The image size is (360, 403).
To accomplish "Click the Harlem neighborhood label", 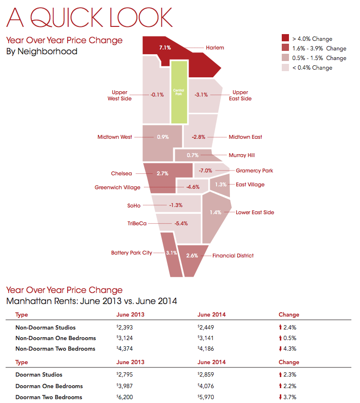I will (215, 48).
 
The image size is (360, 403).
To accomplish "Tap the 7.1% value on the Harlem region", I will (165, 48).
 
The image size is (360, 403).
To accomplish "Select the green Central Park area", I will (179, 92).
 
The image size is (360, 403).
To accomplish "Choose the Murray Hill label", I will (241, 155).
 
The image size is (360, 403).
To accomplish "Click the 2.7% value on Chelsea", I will (162, 173).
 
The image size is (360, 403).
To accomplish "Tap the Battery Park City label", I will (132, 253).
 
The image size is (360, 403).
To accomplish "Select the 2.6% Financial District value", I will (192, 256).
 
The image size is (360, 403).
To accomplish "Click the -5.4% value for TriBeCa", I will (181, 223).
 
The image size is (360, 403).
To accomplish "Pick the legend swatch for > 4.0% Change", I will (285, 38).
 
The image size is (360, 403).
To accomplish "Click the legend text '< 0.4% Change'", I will (312, 68).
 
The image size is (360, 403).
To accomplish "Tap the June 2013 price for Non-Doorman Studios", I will (127, 328).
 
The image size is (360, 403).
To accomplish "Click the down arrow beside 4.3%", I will (281, 349).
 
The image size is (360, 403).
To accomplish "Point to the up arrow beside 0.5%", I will (281, 338).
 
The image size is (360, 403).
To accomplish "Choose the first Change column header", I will (288, 315).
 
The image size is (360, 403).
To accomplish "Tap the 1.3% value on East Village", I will (221, 184).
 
